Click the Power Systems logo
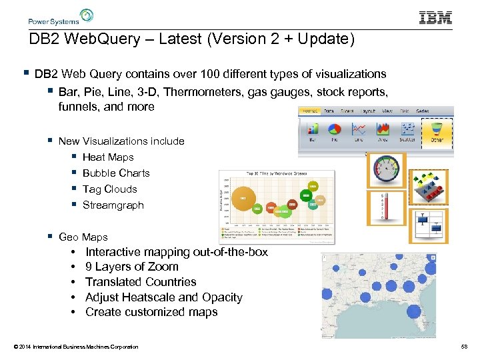61,17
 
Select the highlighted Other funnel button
437,131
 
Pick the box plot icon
429,225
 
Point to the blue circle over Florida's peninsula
413,311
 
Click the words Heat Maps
108,157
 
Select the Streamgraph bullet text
113,205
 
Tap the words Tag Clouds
109,189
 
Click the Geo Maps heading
83,237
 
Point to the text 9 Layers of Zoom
132,267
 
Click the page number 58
464,347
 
